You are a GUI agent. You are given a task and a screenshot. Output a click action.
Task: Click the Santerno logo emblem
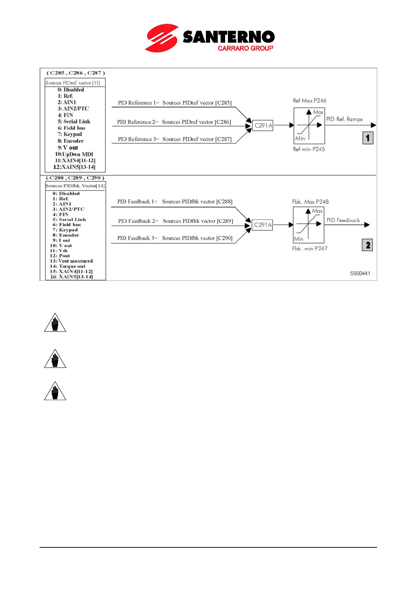click(x=162, y=38)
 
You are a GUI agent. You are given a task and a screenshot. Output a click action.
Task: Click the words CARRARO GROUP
click(x=245, y=48)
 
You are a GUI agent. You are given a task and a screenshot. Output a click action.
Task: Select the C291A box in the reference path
click(x=263, y=126)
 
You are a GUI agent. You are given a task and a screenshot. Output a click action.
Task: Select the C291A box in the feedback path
click(x=263, y=225)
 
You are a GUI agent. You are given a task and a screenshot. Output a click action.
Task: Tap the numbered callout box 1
click(x=368, y=138)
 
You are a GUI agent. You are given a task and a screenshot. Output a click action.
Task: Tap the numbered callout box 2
click(x=367, y=245)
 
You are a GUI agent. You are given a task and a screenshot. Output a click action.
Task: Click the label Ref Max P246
click(x=310, y=101)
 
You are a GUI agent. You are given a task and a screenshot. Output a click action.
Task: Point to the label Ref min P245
click(x=309, y=149)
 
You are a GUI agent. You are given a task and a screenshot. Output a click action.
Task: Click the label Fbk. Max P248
click(x=310, y=202)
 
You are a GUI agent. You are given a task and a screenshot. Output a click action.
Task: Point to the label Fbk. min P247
click(x=310, y=249)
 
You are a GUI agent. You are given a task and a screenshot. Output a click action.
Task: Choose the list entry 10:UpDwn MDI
click(x=74, y=154)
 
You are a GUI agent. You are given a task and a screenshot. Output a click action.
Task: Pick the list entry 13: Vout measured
click(x=71, y=261)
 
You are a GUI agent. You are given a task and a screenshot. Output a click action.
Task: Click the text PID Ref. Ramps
click(x=344, y=119)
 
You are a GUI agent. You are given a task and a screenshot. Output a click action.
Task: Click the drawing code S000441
click(x=360, y=274)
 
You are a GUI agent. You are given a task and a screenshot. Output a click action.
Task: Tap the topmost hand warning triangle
click(x=55, y=323)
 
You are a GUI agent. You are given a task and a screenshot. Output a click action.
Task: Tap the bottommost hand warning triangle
click(x=55, y=391)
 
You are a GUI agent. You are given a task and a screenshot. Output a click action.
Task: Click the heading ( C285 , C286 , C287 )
click(x=76, y=73)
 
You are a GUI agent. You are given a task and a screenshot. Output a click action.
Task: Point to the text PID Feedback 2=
click(x=138, y=221)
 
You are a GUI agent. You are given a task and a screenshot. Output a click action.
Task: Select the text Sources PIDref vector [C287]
click(x=197, y=139)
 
